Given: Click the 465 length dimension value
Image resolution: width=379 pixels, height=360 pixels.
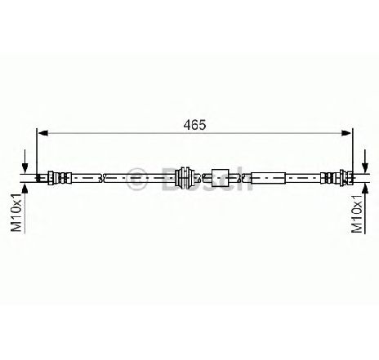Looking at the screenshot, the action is (x=194, y=125).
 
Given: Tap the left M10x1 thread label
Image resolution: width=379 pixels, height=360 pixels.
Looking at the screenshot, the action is (x=16, y=212).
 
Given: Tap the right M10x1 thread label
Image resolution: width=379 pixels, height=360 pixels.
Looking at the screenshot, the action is (x=357, y=214).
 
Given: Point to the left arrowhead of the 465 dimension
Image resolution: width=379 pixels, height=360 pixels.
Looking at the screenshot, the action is (x=43, y=133).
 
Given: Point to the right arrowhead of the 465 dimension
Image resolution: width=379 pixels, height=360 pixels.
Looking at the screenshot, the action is (x=346, y=133).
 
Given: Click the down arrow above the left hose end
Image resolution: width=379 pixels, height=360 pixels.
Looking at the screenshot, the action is (x=25, y=161).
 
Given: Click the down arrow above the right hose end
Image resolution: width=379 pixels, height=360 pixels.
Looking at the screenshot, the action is (x=365, y=161).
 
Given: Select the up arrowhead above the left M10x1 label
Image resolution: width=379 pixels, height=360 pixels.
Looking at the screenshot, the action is (x=25, y=189).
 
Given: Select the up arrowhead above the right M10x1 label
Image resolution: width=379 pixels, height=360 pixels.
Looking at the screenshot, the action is (x=365, y=189).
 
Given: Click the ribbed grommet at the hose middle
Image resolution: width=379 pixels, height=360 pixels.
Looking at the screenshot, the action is (x=185, y=178).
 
